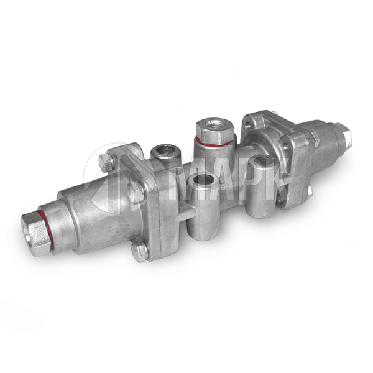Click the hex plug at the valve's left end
35,234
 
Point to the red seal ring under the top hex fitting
213,142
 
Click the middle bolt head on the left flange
136,192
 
